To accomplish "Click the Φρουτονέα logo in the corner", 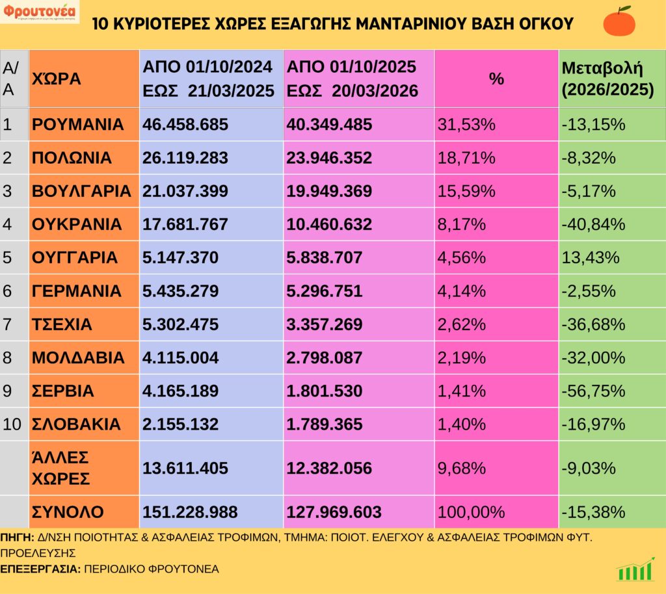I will point(39,12).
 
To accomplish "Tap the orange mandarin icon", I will point(619,21).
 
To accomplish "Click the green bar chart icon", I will point(635,569).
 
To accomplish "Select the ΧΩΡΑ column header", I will point(57,79).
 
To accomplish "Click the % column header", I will point(496,79).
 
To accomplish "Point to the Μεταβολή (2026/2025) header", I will point(607,79).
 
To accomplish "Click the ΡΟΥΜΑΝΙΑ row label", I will point(77,125).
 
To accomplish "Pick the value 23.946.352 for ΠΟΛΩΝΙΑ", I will point(329,158).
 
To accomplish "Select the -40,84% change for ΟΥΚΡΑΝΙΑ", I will point(593,224).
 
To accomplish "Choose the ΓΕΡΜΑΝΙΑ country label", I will point(76,291).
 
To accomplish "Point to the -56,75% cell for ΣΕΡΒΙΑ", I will point(593,391).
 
